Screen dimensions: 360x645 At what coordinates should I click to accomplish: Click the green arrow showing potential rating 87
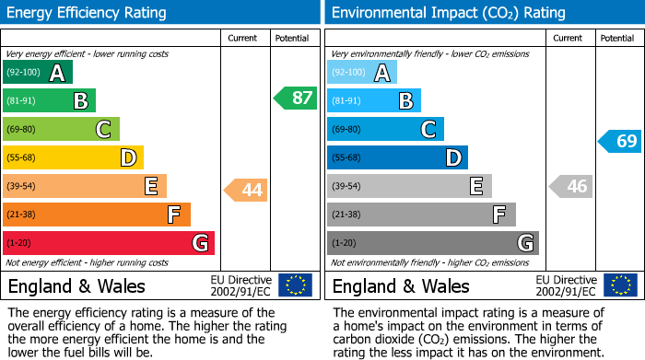pyautogui.click(x=295, y=99)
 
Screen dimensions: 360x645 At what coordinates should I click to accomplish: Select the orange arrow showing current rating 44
pyautogui.click(x=246, y=191)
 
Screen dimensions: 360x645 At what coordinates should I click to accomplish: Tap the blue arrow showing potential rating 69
pyautogui.click(x=620, y=141)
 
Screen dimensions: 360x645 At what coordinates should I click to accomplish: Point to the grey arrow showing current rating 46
pyautogui.click(x=570, y=186)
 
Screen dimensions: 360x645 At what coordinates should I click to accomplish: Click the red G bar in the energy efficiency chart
pyautogui.click(x=109, y=243)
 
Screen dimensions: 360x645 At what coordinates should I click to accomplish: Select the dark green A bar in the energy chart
pyautogui.click(x=38, y=73)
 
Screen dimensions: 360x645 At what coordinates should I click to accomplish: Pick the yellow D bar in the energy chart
pyautogui.click(x=73, y=157)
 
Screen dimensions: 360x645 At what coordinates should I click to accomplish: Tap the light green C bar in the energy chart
pyautogui.click(x=61, y=129)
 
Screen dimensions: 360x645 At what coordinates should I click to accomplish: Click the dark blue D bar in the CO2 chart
pyautogui.click(x=397, y=157)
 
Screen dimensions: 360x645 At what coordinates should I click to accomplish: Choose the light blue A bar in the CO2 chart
pyautogui.click(x=362, y=73)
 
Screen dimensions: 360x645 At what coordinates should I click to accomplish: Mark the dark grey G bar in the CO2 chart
pyautogui.click(x=432, y=243)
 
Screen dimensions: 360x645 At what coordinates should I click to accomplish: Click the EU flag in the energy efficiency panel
pyautogui.click(x=295, y=285)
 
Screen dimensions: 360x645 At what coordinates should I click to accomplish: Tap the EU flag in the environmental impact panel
pyautogui.click(x=619, y=285)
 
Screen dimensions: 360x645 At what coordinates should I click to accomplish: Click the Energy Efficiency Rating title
pyautogui.click(x=87, y=13)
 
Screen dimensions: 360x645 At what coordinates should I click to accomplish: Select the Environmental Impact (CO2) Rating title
pyautogui.click(x=448, y=13)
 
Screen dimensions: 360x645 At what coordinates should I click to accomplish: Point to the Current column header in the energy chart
pyautogui.click(x=243, y=38)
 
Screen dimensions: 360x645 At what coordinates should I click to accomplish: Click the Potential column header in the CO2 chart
pyautogui.click(x=616, y=38)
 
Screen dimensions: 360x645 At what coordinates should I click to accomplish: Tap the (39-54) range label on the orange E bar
pyautogui.click(x=22, y=186)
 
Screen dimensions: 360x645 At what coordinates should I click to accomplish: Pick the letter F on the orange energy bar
pyautogui.click(x=173, y=215)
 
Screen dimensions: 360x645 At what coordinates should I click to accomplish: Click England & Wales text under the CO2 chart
pyautogui.click(x=401, y=286)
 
